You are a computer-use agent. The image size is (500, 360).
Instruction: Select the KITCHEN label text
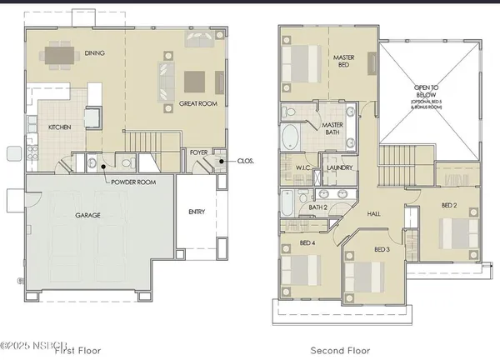click(x=60, y=127)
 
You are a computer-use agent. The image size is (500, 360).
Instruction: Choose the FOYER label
click(x=198, y=152)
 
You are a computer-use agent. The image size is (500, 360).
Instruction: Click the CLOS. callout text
click(x=245, y=161)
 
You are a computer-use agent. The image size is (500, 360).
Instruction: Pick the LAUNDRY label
click(x=340, y=167)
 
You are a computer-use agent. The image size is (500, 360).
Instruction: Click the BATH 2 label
click(x=317, y=207)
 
